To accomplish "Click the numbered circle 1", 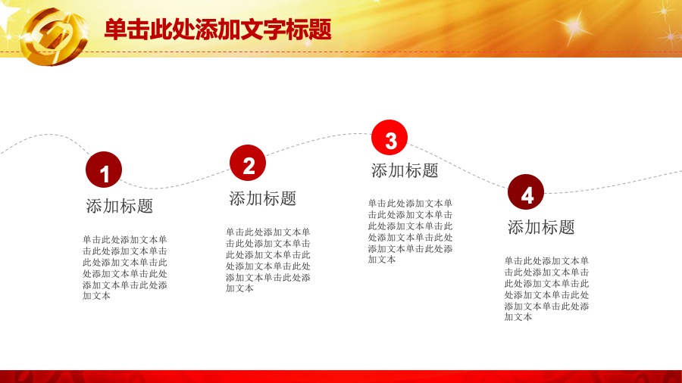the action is pyautogui.click(x=104, y=170).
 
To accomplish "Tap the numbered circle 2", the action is pyautogui.click(x=248, y=163).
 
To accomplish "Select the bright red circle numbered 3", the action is pyautogui.click(x=389, y=138).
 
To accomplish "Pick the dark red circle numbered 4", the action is pyautogui.click(x=525, y=192).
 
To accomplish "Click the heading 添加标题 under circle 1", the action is pyautogui.click(x=120, y=206).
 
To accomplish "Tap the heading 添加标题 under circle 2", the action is pyautogui.click(x=263, y=198).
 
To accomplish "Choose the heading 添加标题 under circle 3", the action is pyautogui.click(x=405, y=170).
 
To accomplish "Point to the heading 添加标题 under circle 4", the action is pyautogui.click(x=541, y=227).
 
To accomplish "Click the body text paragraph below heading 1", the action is pyautogui.click(x=125, y=267).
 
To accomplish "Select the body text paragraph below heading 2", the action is pyautogui.click(x=268, y=260).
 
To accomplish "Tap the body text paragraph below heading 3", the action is pyautogui.click(x=410, y=231).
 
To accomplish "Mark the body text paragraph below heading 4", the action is pyautogui.click(x=546, y=289).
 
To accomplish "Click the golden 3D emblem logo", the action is pyautogui.click(x=54, y=36).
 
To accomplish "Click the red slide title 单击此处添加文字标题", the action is pyautogui.click(x=218, y=30).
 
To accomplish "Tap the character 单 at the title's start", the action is pyautogui.click(x=116, y=30).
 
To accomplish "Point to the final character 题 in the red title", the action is pyautogui.click(x=321, y=30).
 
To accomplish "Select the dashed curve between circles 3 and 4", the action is pyautogui.click(x=457, y=167).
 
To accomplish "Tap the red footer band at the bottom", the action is pyautogui.click(x=341, y=376).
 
